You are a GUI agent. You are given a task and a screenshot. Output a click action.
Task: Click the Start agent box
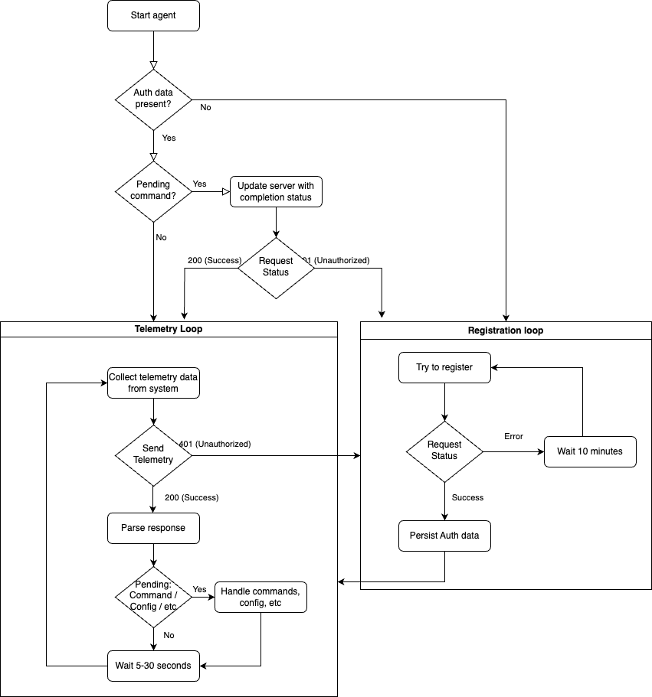coord(153,15)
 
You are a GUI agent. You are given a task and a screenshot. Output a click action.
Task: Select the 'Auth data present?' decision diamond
coord(153,99)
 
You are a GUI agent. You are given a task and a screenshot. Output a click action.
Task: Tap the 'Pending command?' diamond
coord(153,191)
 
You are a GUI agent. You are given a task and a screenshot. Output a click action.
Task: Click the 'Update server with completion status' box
coord(276,191)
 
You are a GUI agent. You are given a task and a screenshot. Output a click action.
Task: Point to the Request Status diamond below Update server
coord(276,266)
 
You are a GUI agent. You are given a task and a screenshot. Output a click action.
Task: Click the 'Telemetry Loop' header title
coord(169,329)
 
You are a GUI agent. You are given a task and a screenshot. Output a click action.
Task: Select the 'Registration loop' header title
coord(506,331)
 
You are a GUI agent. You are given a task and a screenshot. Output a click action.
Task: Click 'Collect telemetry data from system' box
coord(153,383)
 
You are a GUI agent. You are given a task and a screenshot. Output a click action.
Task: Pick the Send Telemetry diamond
coord(153,454)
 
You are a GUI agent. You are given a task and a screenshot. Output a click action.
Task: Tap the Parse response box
coord(153,528)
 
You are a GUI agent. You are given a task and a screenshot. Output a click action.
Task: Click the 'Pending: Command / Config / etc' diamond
coord(153,596)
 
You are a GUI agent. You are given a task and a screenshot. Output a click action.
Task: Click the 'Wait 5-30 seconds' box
coord(153,665)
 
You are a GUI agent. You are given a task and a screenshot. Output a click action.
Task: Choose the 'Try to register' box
coord(444,367)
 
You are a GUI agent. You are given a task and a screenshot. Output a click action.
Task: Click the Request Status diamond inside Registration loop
coord(444,451)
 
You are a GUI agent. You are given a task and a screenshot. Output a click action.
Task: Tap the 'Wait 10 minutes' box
coord(590,451)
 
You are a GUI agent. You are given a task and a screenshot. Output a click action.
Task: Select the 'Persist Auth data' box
coord(444,536)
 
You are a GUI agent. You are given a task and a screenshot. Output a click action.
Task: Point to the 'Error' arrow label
coord(513,436)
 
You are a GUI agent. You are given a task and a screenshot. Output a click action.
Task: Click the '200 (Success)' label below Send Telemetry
coord(192,497)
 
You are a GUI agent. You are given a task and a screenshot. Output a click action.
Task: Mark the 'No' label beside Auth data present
coord(205,108)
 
